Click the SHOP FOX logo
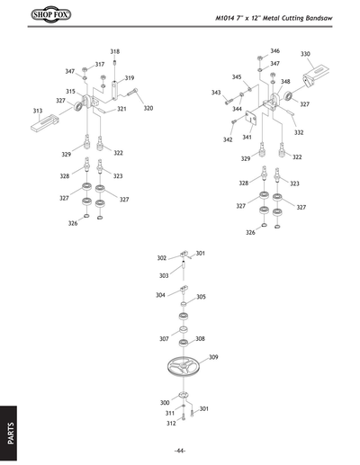click(27, 15)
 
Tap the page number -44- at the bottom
click(180, 450)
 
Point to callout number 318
click(114, 52)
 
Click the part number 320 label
click(148, 108)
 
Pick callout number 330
click(305, 54)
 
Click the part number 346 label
click(274, 51)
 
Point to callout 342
click(228, 139)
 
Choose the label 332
click(298, 132)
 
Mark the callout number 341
click(246, 138)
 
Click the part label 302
click(162, 258)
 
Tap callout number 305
click(201, 297)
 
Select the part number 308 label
click(200, 338)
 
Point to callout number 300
click(165, 402)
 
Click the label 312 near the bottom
click(171, 423)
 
